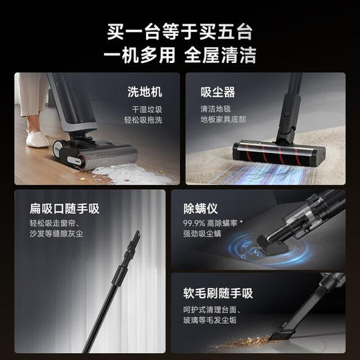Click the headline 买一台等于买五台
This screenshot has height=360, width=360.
click(179, 31)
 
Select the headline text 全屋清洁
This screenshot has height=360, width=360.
click(221, 56)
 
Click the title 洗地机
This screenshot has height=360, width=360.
click(144, 91)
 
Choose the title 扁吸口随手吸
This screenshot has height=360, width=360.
click(55, 208)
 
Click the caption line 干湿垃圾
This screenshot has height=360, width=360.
click(147, 109)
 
